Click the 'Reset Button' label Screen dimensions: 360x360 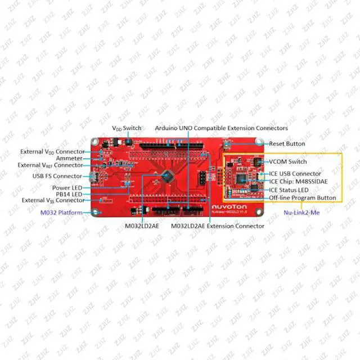[287, 143]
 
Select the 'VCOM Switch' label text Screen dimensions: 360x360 [287, 161]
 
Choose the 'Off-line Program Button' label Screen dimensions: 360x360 [303, 197]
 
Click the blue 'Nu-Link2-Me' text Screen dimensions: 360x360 [301, 213]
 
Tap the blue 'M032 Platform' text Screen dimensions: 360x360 [61, 213]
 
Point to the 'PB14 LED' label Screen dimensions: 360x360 [69, 194]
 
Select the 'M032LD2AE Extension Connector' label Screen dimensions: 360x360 [217, 226]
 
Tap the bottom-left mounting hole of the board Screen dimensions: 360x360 [96, 213]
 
